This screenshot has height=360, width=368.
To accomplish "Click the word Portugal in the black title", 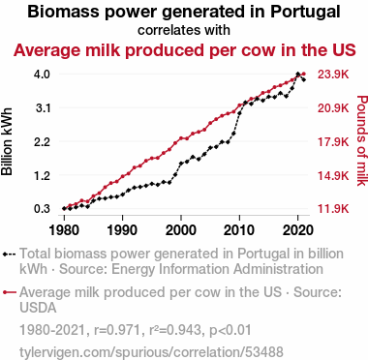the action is tap(305, 12).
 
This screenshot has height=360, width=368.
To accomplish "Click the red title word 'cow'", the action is tap(256, 50).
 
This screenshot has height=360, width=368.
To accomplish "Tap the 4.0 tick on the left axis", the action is tap(42, 75).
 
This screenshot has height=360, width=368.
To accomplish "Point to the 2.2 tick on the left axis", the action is tap(42, 141).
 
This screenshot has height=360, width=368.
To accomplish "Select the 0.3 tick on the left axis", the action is tap(42, 209).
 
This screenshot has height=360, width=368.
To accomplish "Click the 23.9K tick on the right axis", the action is tap(333, 75).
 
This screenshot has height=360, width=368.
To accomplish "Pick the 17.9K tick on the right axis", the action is tap(333, 141).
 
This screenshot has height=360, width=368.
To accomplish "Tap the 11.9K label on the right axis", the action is tap(333, 209).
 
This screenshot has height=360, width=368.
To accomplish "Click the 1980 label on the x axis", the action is tap(64, 230).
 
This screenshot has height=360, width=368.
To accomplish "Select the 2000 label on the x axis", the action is tap(181, 230).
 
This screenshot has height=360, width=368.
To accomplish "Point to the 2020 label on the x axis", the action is tap(297, 230).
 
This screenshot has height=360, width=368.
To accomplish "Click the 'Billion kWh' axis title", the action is tap(7, 141).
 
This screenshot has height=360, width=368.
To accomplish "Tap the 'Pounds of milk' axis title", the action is tap(362, 140).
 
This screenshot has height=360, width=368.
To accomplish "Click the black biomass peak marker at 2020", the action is tap(297, 74).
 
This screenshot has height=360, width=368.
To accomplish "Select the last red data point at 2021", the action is tap(303, 74).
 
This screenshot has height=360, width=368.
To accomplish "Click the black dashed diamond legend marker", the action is tap(9, 254).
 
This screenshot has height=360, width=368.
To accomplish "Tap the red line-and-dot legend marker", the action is tap(9, 292).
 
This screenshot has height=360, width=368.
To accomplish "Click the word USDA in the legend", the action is tap(38, 308).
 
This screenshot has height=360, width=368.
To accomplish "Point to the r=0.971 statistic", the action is tap(117, 330).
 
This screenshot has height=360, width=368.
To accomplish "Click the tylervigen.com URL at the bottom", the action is tap(151, 351).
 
